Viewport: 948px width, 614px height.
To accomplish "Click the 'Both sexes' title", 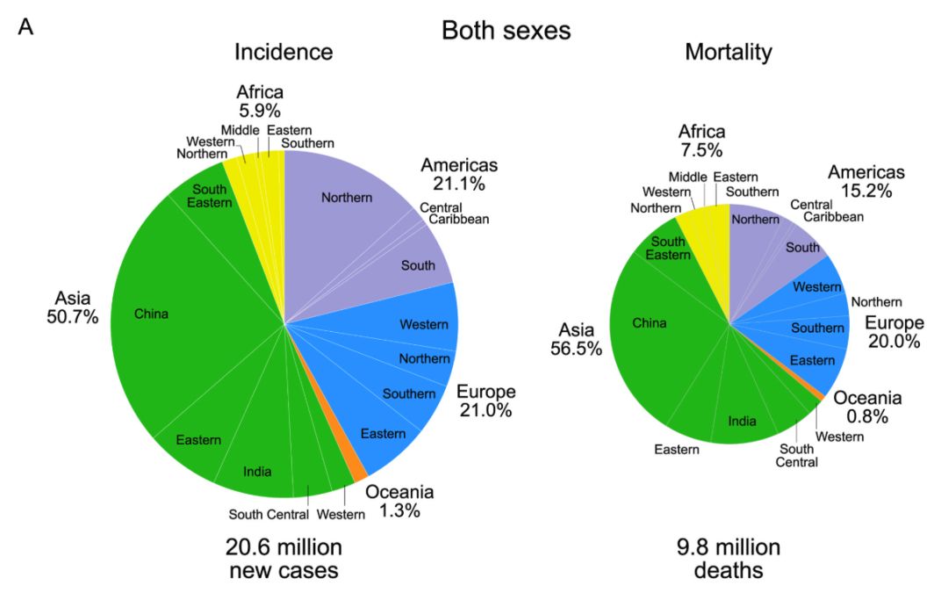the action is (x=506, y=30).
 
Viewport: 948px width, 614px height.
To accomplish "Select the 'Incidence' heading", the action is (x=284, y=52).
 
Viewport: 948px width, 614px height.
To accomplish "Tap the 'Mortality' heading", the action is (x=729, y=52).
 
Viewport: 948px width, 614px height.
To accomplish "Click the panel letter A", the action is (x=25, y=27).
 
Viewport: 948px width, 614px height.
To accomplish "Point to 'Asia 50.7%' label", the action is (x=73, y=307).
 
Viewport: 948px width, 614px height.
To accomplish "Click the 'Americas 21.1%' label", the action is (x=459, y=174).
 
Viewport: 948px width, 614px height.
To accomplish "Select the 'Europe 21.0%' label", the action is (x=486, y=401).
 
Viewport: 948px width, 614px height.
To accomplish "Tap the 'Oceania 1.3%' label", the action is (x=399, y=501).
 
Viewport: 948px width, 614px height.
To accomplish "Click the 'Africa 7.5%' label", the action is (x=701, y=141).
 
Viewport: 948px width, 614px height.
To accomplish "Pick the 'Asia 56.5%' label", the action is (x=576, y=339).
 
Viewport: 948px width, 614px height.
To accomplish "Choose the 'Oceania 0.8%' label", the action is (x=867, y=407).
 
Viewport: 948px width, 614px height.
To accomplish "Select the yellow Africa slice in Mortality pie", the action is (x=708, y=236).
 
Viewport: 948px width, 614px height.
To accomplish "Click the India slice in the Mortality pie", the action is (x=743, y=417).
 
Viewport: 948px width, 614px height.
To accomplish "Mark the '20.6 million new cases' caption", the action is (x=284, y=559).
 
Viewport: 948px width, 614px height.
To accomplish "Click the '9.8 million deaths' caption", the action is (x=729, y=559).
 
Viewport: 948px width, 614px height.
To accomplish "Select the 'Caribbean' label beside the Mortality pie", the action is (x=833, y=217).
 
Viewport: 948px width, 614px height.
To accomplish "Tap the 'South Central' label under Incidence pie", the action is (x=269, y=514).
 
